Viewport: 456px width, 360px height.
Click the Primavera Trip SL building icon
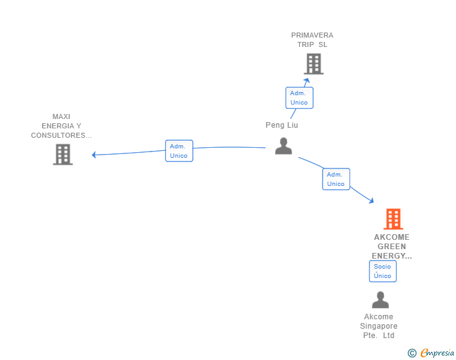313,64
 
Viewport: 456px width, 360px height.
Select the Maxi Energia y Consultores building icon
63,154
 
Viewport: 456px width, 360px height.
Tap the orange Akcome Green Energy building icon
393,219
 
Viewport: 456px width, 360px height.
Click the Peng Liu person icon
284,146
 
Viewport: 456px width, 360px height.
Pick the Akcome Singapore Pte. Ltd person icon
380,300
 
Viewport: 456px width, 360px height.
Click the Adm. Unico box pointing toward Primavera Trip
299,98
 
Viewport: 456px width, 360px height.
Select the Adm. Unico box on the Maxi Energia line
179,151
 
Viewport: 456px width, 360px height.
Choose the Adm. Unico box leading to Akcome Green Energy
336,179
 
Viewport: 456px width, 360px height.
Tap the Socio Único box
382,271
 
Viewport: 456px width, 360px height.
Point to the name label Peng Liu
282,125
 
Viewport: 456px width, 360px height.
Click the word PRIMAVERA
312,35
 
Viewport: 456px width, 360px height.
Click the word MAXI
61,116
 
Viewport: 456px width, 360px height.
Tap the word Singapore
378,326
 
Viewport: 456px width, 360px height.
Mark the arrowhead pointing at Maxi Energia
94,155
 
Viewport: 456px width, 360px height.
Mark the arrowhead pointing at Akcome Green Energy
371,201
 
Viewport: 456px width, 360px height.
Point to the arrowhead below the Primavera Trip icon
306,80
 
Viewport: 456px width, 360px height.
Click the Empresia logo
437,353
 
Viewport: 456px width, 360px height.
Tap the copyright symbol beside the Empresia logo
412,353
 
